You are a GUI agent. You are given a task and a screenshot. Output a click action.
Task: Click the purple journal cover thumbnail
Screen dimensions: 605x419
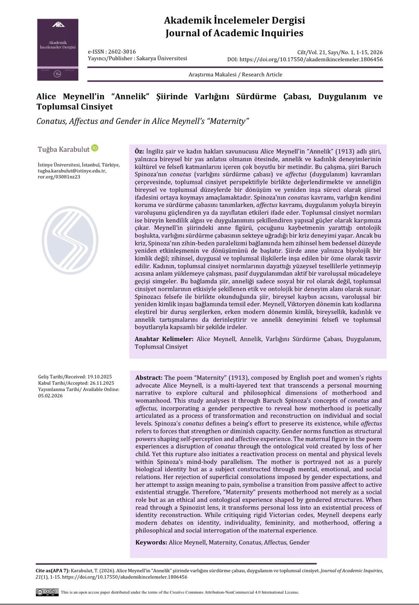pyautogui.click(x=58, y=50)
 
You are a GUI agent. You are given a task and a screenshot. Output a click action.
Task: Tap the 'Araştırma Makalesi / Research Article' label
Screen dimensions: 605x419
pyautogui.click(x=235, y=74)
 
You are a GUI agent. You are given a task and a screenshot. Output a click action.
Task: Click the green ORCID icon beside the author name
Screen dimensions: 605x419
pyautogui.click(x=95, y=148)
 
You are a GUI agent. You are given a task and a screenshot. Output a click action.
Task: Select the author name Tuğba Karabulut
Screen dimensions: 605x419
pyautogui.click(x=63, y=149)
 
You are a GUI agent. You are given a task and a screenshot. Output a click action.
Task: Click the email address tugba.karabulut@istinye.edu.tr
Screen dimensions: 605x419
pyautogui.click(x=72, y=171)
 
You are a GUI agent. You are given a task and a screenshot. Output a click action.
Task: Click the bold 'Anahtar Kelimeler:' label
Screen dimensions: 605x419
pyautogui.click(x=164, y=339)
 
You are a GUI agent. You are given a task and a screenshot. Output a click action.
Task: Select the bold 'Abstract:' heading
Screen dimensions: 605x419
pyautogui.click(x=149, y=378)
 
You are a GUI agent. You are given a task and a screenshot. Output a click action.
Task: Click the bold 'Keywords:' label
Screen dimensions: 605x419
pyautogui.click(x=151, y=542)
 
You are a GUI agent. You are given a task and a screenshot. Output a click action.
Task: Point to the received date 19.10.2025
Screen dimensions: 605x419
pyautogui.click(x=99, y=377)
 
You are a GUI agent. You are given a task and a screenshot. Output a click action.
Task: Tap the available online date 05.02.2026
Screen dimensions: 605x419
pyautogui.click(x=50, y=396)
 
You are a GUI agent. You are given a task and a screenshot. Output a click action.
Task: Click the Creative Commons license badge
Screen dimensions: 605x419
pyautogui.click(x=47, y=592)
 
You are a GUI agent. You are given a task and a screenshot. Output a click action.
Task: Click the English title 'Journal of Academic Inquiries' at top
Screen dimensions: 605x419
pyautogui.click(x=234, y=33)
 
